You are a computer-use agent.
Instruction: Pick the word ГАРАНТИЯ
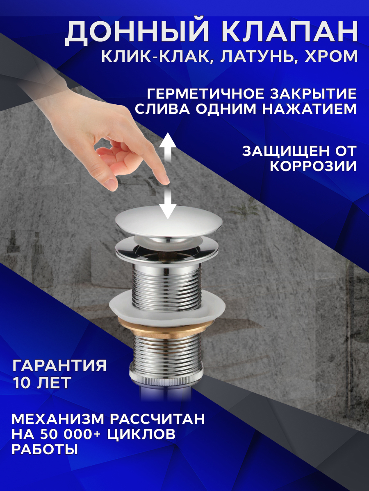tap(59, 365)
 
